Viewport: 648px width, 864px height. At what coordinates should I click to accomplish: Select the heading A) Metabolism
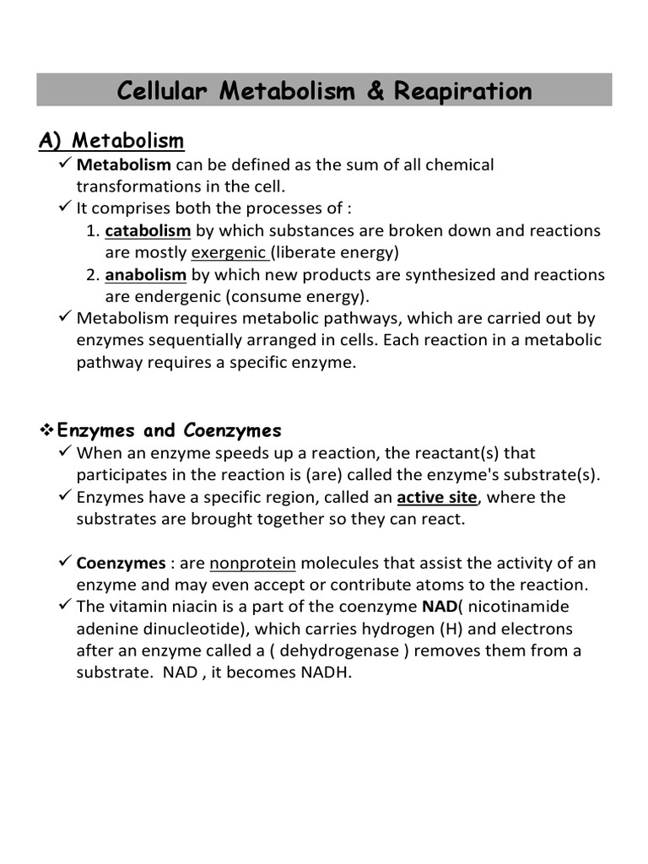point(111,139)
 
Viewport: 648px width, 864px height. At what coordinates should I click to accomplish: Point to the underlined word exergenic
point(230,252)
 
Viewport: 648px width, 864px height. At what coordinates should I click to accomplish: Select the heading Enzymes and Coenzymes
point(169,430)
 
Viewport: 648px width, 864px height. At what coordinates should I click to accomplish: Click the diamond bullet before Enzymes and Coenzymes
point(47,430)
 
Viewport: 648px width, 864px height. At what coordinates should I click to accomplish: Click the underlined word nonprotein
point(252,563)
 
